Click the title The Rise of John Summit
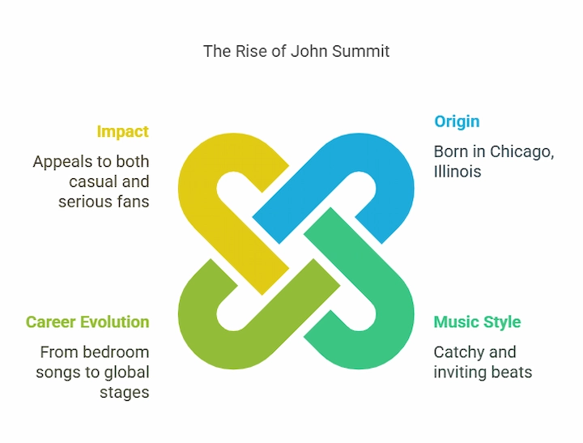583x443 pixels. pyautogui.click(x=296, y=51)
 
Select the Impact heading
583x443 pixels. pyautogui.click(x=122, y=131)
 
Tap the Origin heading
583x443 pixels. pyautogui.click(x=457, y=121)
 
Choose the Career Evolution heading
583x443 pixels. pyautogui.click(x=87, y=322)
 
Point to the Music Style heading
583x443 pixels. pyautogui.click(x=477, y=322)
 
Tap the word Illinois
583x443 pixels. pyautogui.click(x=457, y=171)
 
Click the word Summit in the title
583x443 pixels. pyautogui.click(x=362, y=51)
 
